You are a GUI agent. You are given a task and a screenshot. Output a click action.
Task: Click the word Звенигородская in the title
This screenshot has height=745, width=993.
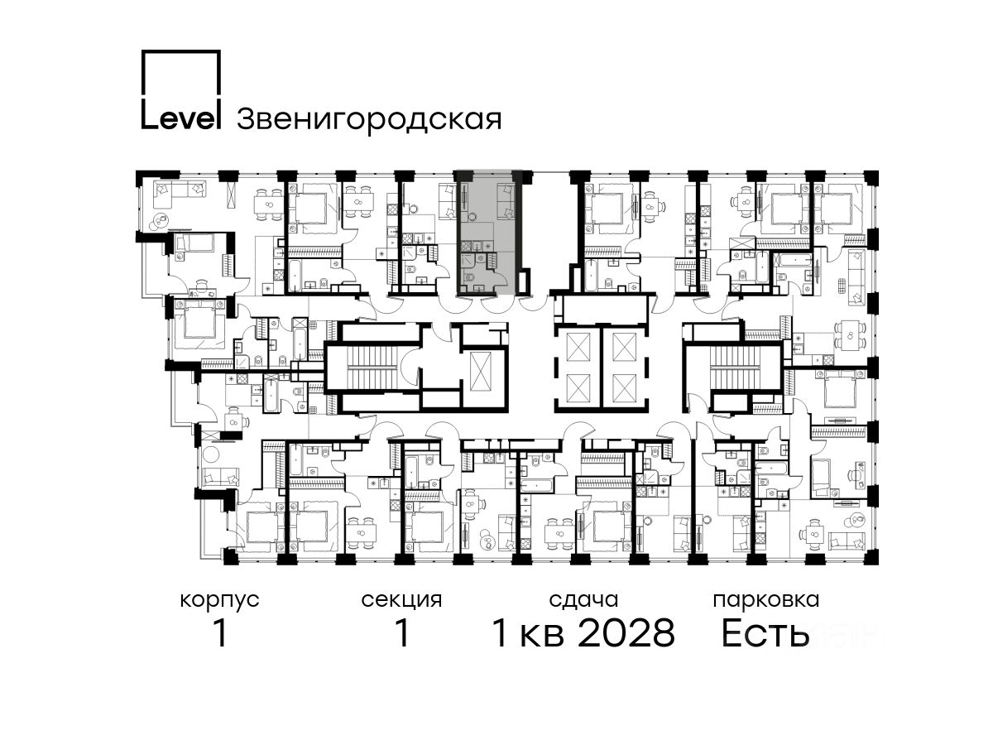(369, 119)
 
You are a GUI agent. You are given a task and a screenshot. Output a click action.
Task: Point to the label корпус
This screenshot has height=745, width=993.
(219, 601)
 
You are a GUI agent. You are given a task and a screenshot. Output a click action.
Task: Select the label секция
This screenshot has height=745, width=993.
(401, 601)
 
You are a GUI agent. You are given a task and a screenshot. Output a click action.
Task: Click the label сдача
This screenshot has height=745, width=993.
(583, 600)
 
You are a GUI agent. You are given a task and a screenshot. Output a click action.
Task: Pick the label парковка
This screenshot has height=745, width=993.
(766, 601)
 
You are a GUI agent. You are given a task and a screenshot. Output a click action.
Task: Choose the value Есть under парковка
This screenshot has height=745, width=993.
(765, 634)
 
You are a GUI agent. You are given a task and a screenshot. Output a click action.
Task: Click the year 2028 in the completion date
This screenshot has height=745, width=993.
(626, 633)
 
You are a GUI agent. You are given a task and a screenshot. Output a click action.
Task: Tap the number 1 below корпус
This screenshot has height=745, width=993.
(221, 633)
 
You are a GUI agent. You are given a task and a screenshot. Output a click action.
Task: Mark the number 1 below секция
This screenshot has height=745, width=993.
(402, 633)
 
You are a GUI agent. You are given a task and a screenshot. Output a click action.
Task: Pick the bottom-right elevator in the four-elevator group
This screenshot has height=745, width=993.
(624, 387)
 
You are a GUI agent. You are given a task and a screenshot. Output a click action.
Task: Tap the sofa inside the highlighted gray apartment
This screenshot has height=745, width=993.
(506, 200)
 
